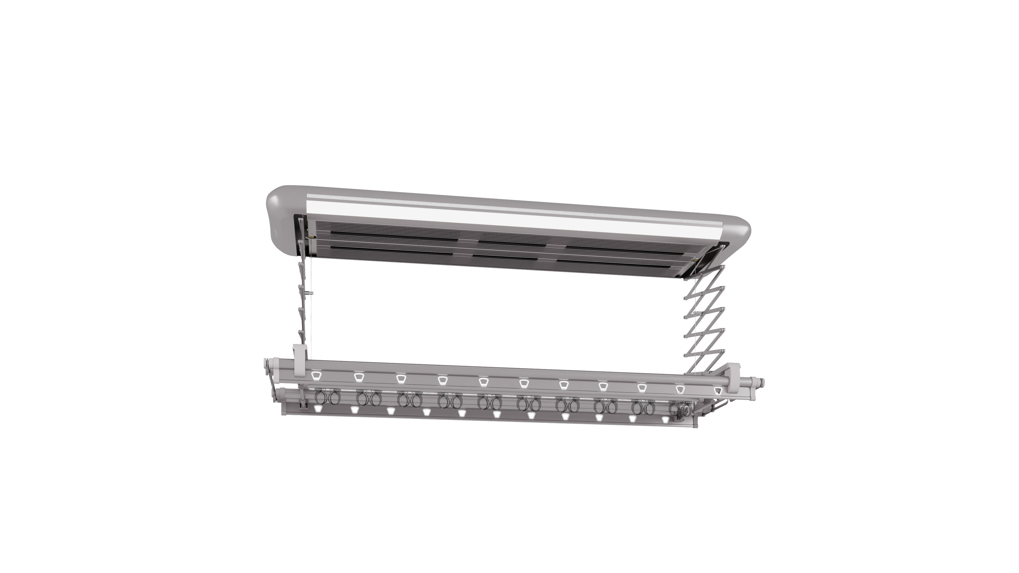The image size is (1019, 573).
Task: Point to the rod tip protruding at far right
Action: click(762, 382)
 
